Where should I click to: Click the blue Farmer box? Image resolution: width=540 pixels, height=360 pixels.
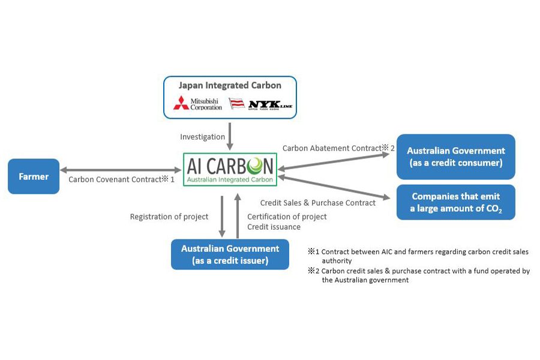coord(34,176)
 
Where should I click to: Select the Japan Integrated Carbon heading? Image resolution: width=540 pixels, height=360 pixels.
coord(230,85)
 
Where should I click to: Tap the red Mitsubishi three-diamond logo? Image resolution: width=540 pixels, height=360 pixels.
coord(181,103)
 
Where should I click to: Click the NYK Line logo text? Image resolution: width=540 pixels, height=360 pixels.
coord(271,104)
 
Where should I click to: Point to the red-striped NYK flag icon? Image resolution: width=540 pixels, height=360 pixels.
coord(236,103)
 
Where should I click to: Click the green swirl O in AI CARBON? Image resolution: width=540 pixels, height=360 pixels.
coord(255,166)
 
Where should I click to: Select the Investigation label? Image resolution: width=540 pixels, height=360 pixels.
coord(203,137)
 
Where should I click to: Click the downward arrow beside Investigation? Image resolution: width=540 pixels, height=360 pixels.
coord(230,136)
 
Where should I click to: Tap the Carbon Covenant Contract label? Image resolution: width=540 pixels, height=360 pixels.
coord(121,179)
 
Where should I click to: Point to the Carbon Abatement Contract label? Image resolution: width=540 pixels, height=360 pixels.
coord(338,148)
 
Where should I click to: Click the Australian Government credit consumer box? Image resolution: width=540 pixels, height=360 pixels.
coord(456,157)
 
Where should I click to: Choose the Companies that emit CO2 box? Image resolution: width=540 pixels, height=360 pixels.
coord(456,202)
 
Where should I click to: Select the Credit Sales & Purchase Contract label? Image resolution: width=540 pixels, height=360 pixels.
coord(318,203)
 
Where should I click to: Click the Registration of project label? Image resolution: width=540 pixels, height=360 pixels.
coord(169,217)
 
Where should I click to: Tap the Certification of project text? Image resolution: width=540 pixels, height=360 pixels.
coord(287,217)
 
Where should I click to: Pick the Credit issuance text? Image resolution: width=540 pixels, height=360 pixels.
coord(274,227)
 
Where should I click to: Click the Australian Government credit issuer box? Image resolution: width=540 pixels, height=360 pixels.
coord(230,254)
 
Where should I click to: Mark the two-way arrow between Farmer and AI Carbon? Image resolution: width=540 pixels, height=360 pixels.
coord(121,170)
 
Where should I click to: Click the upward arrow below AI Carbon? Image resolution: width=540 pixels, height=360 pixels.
coord(237,215)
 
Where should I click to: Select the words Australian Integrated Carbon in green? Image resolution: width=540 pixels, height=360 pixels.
coord(230,179)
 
